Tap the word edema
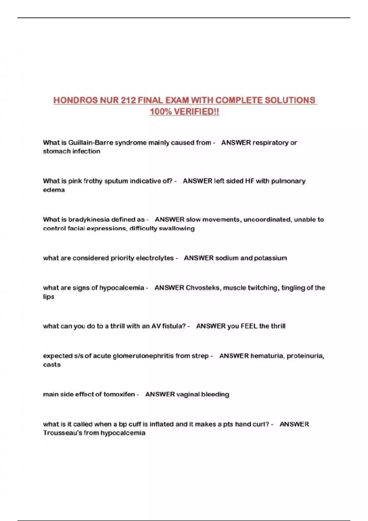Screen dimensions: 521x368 click(54, 190)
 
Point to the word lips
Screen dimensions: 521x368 click(48, 297)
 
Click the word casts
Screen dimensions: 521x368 click(52, 365)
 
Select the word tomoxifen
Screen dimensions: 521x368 click(119, 394)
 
